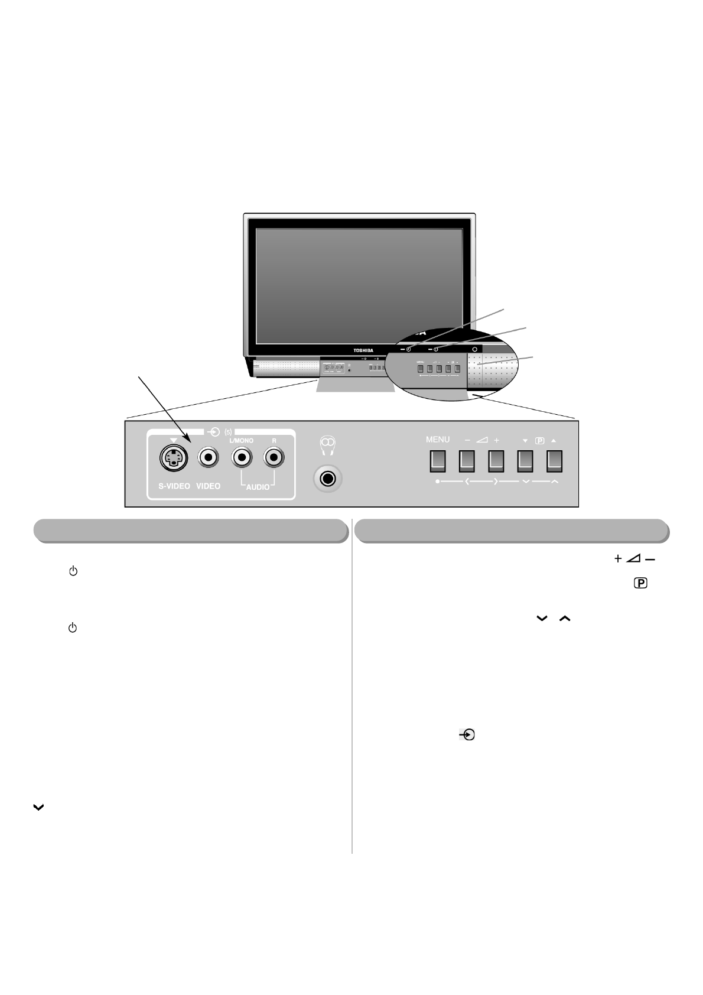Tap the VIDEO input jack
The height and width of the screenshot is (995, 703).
click(x=209, y=457)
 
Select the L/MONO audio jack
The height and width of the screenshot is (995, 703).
click(x=241, y=457)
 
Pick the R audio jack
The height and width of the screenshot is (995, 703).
click(x=274, y=457)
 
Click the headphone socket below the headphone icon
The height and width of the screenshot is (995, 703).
click(x=327, y=478)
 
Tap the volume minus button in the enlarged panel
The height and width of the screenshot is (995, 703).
click(x=467, y=461)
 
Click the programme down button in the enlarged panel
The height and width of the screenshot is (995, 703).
click(x=525, y=461)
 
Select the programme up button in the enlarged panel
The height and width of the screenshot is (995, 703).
click(x=554, y=461)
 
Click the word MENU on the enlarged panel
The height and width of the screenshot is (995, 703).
click(x=438, y=440)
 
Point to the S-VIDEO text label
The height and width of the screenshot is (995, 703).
click(x=174, y=486)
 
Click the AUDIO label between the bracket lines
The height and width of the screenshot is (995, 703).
click(x=258, y=487)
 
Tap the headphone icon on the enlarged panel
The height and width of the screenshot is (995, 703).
click(x=327, y=444)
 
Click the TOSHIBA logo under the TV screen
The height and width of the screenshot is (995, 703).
click(x=363, y=350)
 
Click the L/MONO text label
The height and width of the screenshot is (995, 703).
click(x=241, y=441)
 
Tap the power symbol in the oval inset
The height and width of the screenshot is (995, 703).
click(x=436, y=349)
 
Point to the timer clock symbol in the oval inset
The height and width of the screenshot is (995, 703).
click(x=408, y=349)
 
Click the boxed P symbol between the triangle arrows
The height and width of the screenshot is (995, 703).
click(x=539, y=441)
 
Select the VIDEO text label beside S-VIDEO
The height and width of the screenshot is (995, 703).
click(x=208, y=486)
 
